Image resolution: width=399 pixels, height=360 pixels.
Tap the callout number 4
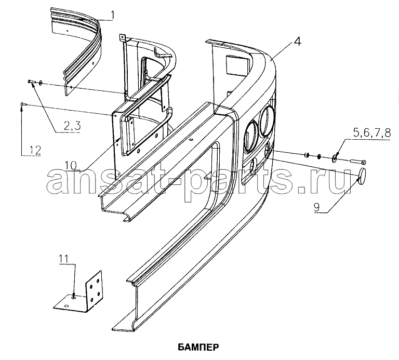(x=297, y=42)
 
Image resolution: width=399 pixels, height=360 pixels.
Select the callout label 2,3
(x=72, y=126)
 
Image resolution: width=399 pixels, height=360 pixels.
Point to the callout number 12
(x=35, y=150)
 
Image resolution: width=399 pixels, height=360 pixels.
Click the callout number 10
(x=71, y=165)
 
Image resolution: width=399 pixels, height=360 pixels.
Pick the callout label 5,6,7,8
(x=371, y=133)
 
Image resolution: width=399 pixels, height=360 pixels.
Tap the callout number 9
(x=316, y=207)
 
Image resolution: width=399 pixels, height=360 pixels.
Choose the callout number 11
(x=64, y=259)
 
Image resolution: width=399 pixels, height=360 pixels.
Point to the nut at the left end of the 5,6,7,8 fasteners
(x=307, y=154)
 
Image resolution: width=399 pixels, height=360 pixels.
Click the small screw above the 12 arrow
(x=22, y=103)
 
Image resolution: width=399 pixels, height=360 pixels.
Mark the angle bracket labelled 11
(x=79, y=293)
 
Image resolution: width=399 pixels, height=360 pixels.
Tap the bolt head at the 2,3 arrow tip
(x=30, y=82)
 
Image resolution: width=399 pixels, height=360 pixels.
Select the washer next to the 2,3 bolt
(x=41, y=83)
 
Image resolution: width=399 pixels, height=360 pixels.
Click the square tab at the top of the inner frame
(x=123, y=37)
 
